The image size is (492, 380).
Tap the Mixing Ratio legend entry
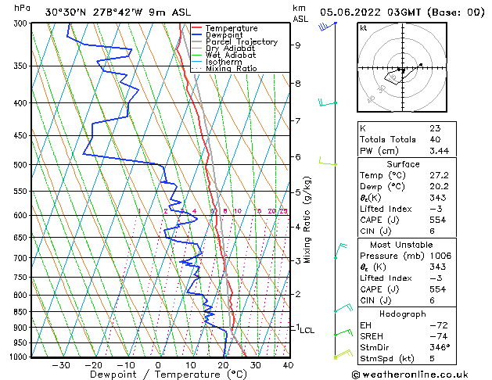[232, 69]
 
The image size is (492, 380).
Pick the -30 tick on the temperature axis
[61, 365]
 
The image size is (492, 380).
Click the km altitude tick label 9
[297, 45]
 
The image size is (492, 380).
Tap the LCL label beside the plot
[307, 331]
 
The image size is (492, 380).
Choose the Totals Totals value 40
[435, 139]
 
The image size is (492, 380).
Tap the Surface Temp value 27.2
[440, 176]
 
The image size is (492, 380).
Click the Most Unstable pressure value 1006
[441, 255]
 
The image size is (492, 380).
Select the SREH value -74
[437, 336]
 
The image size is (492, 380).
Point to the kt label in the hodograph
[364, 27]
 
